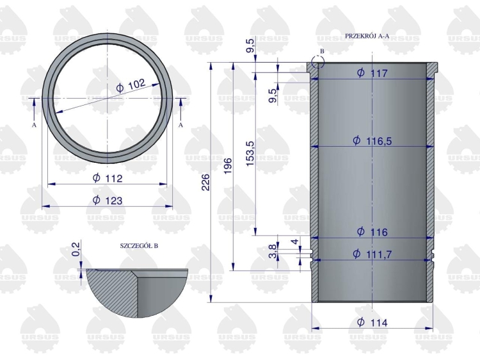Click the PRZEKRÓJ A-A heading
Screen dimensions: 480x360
(x=367, y=36)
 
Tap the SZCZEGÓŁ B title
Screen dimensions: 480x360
(x=139, y=246)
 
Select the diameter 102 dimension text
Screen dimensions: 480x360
(x=131, y=85)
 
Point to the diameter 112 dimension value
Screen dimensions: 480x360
(x=108, y=178)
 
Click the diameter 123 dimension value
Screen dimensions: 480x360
(x=108, y=200)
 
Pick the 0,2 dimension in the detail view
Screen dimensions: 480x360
(x=77, y=249)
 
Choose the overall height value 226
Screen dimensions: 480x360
(x=205, y=182)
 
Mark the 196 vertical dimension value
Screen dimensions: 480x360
(x=228, y=167)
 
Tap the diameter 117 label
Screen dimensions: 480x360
(x=372, y=73)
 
